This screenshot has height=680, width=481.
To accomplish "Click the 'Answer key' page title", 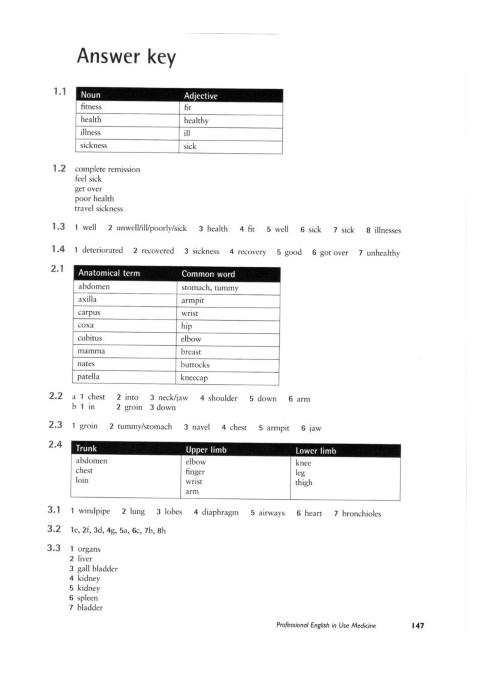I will tap(126, 57).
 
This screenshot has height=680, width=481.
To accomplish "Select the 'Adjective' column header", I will tap(200, 96).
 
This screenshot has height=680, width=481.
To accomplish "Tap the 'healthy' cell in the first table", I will tap(196, 121).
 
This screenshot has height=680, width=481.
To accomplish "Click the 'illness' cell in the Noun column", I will tap(90, 133).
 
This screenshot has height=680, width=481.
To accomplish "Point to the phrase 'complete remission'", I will tap(107, 169).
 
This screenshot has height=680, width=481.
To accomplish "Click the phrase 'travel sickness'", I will tap(99, 208).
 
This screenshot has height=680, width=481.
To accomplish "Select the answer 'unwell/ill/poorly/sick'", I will tap(151, 228).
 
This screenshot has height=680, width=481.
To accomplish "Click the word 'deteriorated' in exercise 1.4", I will tap(102, 250).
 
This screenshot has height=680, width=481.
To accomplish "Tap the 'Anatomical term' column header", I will tap(109, 273).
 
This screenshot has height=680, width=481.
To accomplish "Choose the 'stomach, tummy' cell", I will tap(210, 288).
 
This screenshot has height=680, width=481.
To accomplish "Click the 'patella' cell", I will tap(88, 377).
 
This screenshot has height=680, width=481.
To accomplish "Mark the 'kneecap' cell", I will tap(194, 378).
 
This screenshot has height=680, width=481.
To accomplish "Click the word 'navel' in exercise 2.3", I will tap(201, 427).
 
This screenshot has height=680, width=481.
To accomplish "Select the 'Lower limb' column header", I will tap(316, 451).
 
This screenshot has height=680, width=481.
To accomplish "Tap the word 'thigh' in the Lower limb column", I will tap(304, 483).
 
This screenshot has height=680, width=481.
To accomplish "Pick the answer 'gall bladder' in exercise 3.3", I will tap(98, 569).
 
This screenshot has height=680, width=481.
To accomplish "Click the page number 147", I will tap(418, 626).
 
